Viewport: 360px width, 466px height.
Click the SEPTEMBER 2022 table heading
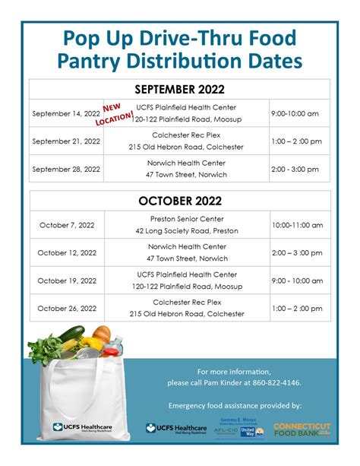180,89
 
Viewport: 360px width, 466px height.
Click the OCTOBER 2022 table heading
180,201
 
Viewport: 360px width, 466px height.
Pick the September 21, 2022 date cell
67,141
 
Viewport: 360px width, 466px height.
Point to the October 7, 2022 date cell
67,225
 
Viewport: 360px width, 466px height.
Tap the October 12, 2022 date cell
67,252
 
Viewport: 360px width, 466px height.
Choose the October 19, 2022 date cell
67,280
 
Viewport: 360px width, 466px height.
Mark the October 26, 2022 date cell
67,308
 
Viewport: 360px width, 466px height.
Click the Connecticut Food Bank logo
301,429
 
